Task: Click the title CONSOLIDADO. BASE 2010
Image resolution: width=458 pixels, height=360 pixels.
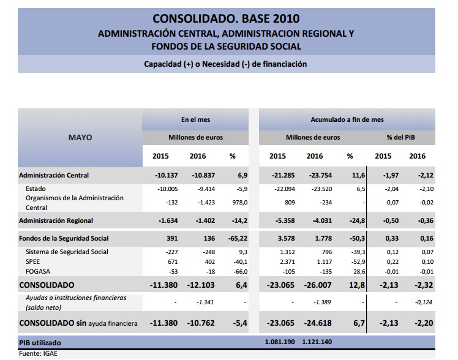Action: tap(226, 18)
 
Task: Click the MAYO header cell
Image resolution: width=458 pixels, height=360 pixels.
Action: tap(80, 137)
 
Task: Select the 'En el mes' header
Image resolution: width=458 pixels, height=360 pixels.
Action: tap(196, 119)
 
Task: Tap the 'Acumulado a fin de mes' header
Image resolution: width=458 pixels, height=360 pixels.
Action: tap(347, 119)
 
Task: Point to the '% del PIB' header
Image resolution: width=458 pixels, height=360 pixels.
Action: tap(400, 137)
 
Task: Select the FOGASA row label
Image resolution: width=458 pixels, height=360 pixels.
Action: tap(38, 271)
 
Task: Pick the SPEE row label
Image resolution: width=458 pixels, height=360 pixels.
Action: tap(34, 261)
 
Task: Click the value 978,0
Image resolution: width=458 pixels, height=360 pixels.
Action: tap(236, 202)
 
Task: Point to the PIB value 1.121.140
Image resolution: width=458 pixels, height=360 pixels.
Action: tap(319, 341)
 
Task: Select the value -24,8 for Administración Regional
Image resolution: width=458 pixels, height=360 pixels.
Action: tap(349, 220)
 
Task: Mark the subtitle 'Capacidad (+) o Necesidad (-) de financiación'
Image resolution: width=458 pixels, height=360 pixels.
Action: tap(225, 64)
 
